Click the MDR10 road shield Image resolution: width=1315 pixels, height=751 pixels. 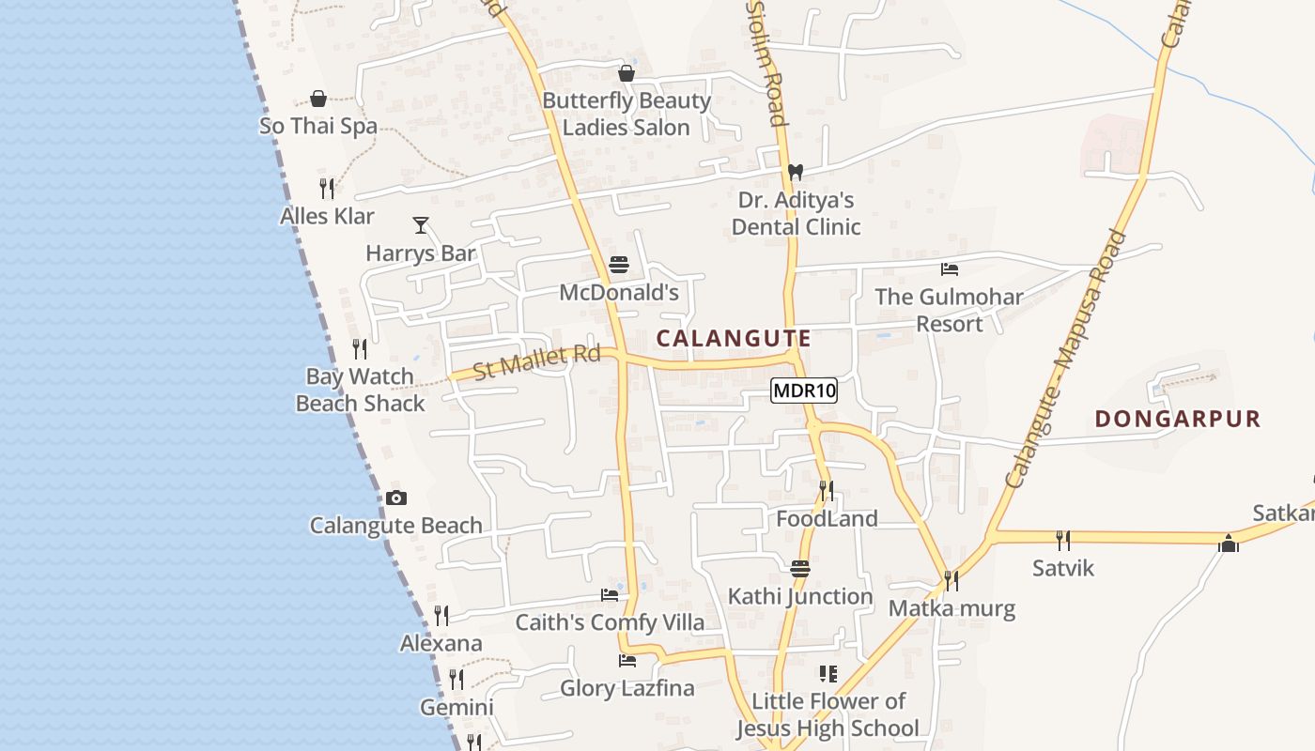(804, 391)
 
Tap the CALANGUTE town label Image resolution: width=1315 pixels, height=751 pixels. (734, 338)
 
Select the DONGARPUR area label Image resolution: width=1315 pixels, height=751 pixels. (1177, 419)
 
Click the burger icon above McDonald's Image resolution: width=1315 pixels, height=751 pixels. (618, 265)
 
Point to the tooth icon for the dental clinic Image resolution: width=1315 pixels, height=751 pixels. (796, 172)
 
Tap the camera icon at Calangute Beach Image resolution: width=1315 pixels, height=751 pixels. (396, 498)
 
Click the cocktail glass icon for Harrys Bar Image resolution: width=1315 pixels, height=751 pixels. (421, 225)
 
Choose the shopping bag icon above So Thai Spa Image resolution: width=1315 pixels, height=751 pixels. (318, 99)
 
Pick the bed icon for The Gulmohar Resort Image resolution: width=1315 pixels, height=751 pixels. (950, 269)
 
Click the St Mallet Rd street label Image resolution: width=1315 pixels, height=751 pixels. (536, 361)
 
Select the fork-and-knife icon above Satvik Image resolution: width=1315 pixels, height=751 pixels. (1062, 540)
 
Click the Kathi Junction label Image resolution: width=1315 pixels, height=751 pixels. (800, 596)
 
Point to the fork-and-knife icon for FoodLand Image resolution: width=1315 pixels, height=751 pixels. (826, 490)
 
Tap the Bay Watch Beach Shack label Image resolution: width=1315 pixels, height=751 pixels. (361, 390)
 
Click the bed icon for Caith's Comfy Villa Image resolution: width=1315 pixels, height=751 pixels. (610, 594)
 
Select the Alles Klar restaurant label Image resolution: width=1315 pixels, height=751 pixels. (327, 216)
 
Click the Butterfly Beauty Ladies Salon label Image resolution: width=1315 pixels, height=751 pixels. (627, 114)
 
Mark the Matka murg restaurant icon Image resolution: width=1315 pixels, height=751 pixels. (951, 581)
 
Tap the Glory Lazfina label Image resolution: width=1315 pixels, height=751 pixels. (627, 688)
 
